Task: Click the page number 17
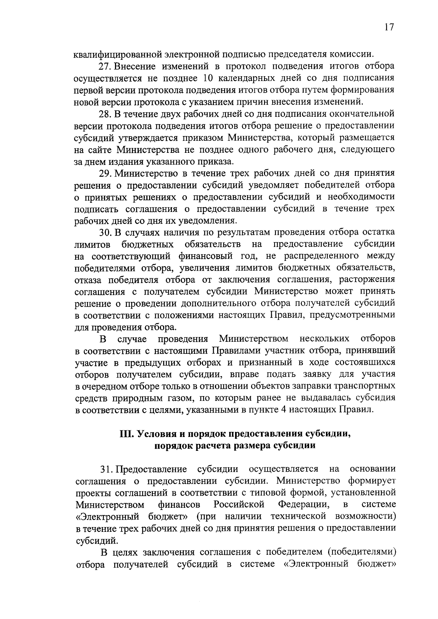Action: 389,28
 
